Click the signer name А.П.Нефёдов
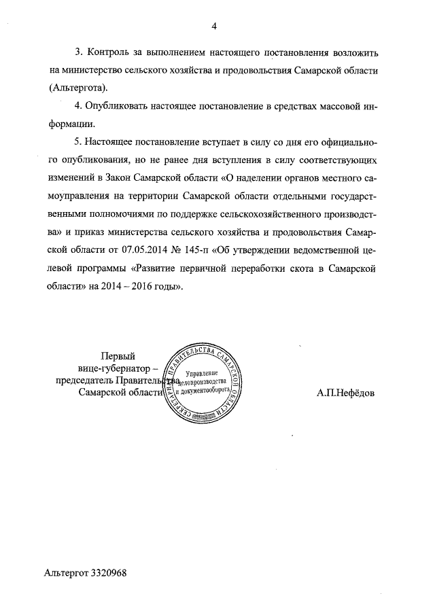point(345,393)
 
